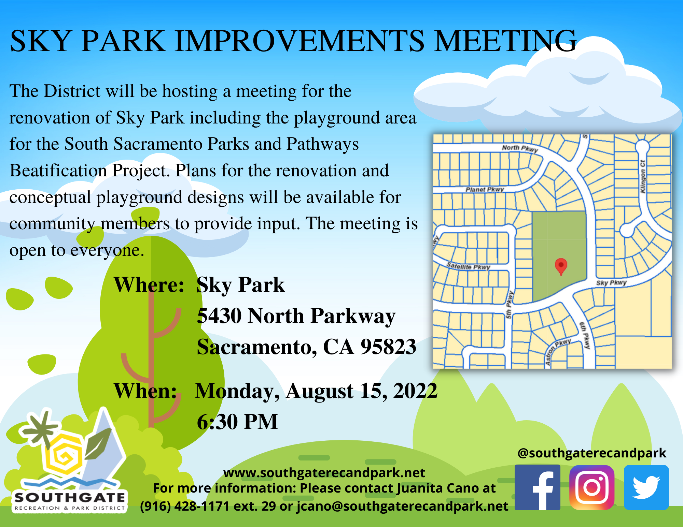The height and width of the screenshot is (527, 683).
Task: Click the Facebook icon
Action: [x=537, y=487]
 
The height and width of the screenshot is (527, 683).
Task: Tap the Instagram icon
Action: [x=592, y=487]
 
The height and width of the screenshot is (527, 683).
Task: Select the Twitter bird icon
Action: [x=646, y=487]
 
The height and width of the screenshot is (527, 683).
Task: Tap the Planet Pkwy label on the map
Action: [x=485, y=189]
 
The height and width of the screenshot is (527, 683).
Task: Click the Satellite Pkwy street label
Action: [x=468, y=266]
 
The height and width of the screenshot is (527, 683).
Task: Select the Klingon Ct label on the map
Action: [x=643, y=176]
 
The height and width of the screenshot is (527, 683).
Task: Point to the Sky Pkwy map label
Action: [x=611, y=283]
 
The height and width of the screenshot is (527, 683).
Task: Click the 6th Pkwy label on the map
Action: [x=585, y=335]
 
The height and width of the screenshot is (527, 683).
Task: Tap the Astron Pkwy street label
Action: [x=558, y=352]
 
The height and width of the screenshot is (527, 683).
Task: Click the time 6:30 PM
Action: [x=237, y=422]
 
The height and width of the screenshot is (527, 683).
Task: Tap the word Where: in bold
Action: [x=149, y=285]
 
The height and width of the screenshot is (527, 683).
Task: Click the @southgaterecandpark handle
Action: [x=592, y=453]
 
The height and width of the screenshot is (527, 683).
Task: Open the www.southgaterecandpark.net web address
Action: [x=324, y=473]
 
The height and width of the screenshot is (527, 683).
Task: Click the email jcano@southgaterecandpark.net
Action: [x=402, y=506]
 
